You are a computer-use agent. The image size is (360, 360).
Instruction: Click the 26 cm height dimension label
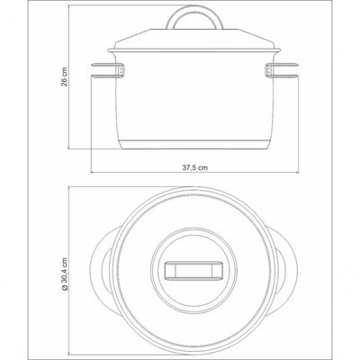click(65, 76)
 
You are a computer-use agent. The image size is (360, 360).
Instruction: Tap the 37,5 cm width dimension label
click(195, 167)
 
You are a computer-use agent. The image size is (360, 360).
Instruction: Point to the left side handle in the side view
click(103, 70)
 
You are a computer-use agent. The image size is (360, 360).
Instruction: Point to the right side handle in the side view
click(282, 70)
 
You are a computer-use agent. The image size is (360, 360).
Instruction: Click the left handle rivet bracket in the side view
click(120, 70)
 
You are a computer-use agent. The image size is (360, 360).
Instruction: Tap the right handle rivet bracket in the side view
click(269, 70)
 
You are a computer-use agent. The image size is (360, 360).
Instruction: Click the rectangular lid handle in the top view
click(193, 270)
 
